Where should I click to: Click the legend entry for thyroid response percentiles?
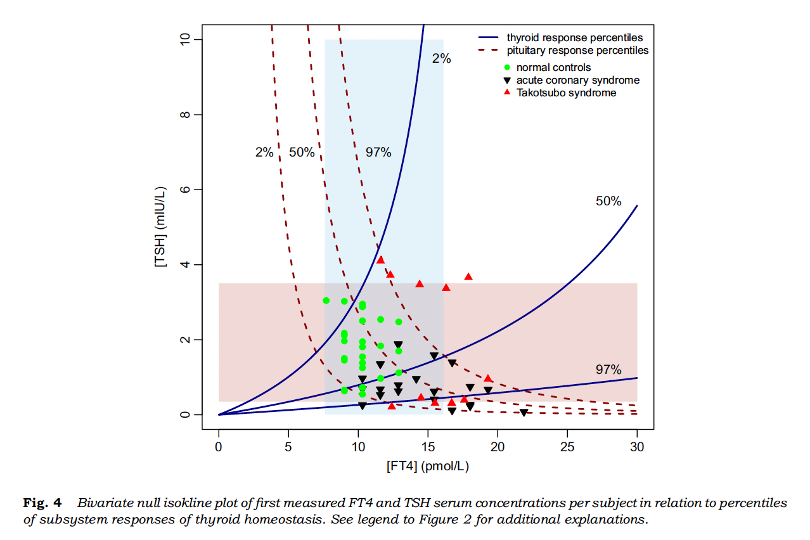pos(574,38)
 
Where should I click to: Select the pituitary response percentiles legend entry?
pos(577,51)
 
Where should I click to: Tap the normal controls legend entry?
pos(553,67)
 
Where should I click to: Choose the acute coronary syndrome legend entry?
pos(577,80)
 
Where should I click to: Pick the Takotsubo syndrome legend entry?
pos(566,93)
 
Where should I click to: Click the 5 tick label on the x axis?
pos(288,446)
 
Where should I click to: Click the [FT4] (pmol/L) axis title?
pos(428,466)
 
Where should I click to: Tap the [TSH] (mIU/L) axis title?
pos(162,228)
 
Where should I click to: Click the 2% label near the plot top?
pos(442,59)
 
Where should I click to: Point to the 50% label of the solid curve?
pos(608,202)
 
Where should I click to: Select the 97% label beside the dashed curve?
pos(378,152)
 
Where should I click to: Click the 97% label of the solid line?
pos(608,370)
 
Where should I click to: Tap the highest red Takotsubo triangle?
pos(380,259)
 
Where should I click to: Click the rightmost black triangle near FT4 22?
pos(524,413)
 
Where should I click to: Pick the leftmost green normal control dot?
pos(326,300)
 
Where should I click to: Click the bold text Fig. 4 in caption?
pos(42,503)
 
